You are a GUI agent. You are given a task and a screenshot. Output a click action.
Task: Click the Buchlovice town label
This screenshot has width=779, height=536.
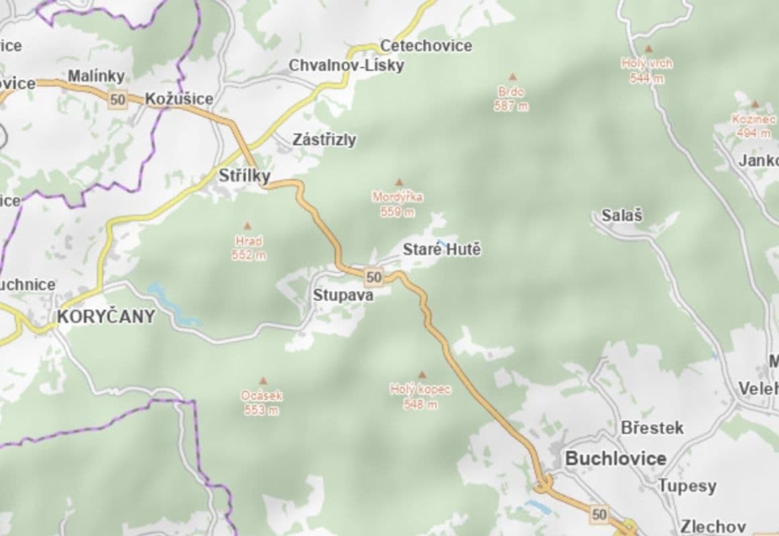pos(615,459)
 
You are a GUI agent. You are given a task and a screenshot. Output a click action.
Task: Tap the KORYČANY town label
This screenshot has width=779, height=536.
pos(106,317)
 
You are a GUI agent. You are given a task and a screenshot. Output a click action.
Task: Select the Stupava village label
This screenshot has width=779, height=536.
pos(343,295)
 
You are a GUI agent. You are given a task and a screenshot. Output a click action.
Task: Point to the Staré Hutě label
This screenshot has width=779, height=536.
pos(441,251)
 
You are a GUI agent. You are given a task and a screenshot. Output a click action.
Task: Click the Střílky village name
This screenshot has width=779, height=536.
pos(245,176)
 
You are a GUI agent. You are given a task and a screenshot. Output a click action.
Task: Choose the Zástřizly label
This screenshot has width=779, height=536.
pos(324,140)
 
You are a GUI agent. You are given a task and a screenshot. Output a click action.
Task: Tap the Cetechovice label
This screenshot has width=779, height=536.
pos(426,46)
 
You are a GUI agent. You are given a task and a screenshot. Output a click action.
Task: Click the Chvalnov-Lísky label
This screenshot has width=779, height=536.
pos(346,65)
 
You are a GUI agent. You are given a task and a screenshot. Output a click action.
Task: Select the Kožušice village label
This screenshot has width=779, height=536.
pos(179,99)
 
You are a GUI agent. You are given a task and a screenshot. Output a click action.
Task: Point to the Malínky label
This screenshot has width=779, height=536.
pos(96,76)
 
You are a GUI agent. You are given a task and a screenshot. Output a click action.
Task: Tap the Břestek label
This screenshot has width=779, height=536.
pos(652,427)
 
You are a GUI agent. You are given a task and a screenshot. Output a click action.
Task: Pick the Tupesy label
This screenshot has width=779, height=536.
pos(686,486)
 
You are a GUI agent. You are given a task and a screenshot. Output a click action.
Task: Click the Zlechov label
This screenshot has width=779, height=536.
pos(713,526)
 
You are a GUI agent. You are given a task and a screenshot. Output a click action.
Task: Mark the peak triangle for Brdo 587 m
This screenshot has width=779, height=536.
pos(512,77)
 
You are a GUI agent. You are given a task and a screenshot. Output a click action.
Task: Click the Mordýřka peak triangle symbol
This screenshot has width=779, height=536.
pos(400,182)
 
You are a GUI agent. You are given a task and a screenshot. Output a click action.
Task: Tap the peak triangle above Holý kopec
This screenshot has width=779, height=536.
pos(422,375)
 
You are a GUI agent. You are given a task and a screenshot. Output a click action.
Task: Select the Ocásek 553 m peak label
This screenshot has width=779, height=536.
pos(261,403)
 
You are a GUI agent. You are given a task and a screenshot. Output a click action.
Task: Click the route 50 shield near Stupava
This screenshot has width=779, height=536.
pos(373,276)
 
